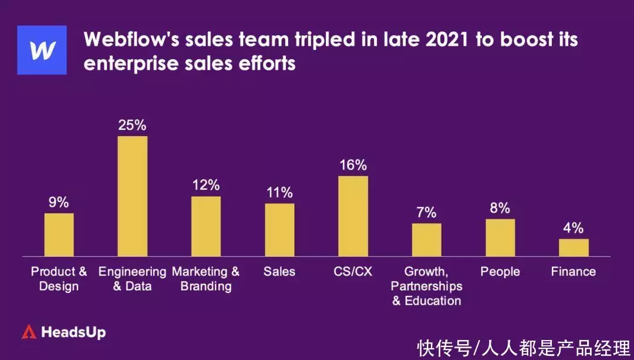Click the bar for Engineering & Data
click(x=133, y=196)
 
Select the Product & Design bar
click(x=59, y=234)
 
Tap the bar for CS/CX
click(x=353, y=216)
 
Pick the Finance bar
click(x=574, y=247)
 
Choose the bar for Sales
click(x=279, y=230)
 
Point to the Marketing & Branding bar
click(x=206, y=226)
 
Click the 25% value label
click(x=132, y=126)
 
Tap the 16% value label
click(x=353, y=165)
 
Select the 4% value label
click(x=574, y=228)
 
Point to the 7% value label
click(x=427, y=213)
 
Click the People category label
click(x=500, y=271)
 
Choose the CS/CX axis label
click(x=353, y=271)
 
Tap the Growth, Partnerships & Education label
click(x=427, y=286)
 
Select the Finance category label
click(x=574, y=271)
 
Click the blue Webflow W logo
click(x=42, y=50)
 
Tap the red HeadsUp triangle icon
click(x=29, y=332)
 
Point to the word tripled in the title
click(x=307, y=39)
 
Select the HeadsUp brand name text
click(x=73, y=332)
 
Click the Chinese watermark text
click(x=524, y=348)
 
